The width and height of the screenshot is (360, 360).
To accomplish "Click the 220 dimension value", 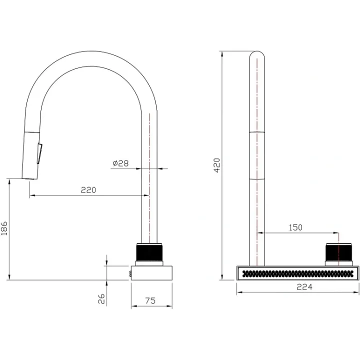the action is [88, 190].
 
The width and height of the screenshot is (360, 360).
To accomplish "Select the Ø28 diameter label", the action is [120, 163].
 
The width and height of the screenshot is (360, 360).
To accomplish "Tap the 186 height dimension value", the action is [4, 228].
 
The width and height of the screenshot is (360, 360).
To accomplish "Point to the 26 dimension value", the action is [101, 298].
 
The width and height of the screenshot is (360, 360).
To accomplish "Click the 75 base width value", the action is [150, 300].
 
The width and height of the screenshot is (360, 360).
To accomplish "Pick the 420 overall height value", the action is [216, 165].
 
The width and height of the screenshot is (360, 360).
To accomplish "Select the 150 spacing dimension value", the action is [295, 227].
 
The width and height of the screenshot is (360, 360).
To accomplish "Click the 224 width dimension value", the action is [304, 287].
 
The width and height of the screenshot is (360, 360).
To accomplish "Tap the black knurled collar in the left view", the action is [149, 252].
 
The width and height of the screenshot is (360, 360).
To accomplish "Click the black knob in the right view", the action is [338, 252].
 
